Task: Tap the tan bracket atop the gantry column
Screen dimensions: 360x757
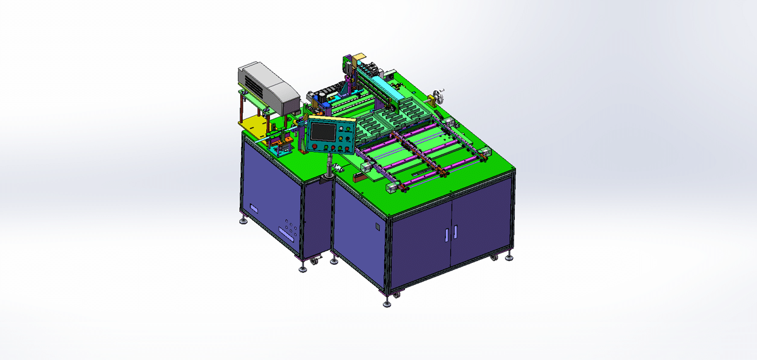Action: [358, 57]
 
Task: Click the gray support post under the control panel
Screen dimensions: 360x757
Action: [329, 166]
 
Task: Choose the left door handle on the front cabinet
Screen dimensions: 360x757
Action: [445, 234]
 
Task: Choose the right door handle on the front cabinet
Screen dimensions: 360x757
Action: [454, 231]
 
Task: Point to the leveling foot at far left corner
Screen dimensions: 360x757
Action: [244, 220]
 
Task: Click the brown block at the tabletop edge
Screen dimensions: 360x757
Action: [360, 177]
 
